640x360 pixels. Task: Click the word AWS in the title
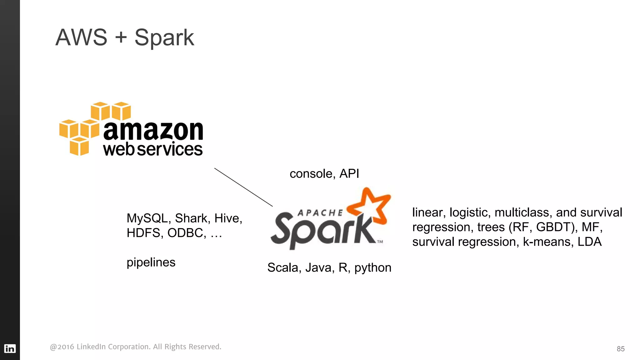pos(81,37)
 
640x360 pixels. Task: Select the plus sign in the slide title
pos(121,37)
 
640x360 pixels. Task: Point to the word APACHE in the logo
pos(320,213)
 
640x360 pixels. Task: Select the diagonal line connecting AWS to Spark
pos(243,187)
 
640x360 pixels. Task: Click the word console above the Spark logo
pos(311,174)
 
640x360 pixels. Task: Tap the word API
pos(349,174)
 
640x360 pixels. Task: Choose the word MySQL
pos(147,218)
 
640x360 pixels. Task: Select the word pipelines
pos(151,262)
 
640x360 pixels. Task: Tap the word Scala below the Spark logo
pos(282,268)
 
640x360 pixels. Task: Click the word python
pos(373,268)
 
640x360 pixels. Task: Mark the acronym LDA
pos(589,242)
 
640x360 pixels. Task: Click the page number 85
pos(620,349)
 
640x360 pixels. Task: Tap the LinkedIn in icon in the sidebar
pos(10,348)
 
